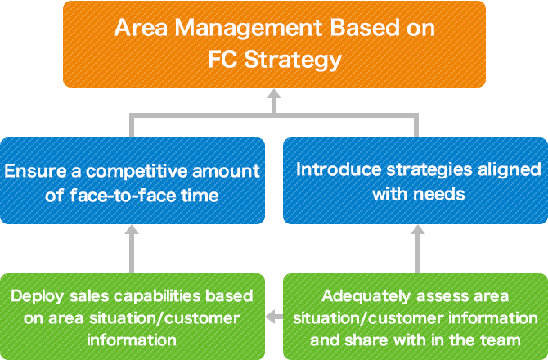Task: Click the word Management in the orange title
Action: [248, 29]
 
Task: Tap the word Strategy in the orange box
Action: [293, 60]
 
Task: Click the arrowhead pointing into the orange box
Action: [274, 94]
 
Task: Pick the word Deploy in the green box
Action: [38, 297]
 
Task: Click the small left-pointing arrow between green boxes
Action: [274, 317]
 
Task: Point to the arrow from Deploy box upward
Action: [132, 250]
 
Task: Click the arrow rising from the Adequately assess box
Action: [418, 250]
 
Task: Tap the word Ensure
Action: [35, 171]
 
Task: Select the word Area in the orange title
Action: [141, 28]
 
